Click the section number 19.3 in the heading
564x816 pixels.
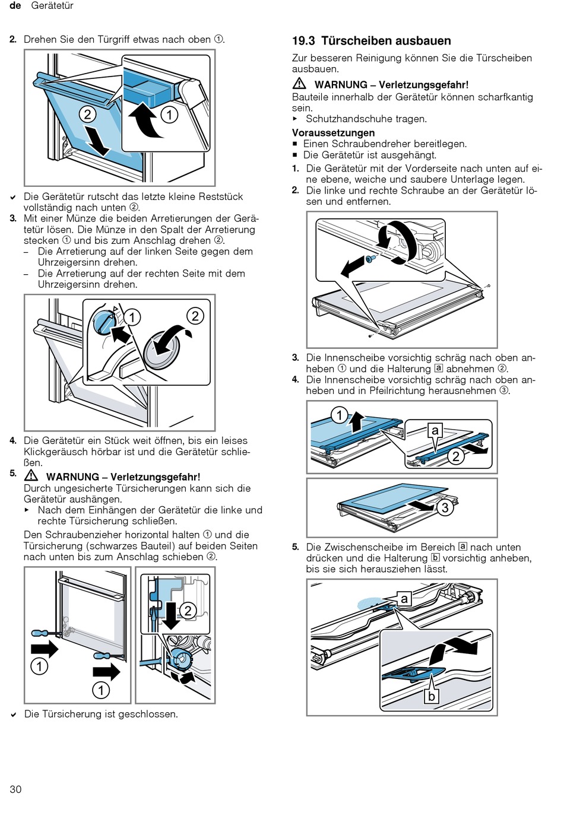click(303, 41)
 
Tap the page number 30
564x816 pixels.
click(15, 789)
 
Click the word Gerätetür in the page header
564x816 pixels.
click(52, 6)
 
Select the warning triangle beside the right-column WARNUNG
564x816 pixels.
click(299, 84)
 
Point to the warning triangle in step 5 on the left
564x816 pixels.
click(31, 475)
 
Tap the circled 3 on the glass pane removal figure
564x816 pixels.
click(445, 507)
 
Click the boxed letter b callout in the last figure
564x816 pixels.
click(432, 697)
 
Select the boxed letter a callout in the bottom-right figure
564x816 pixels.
click(404, 599)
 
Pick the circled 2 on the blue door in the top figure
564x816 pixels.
click(88, 115)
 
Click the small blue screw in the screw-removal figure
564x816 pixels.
click(370, 258)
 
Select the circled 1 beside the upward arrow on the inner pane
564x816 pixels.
click(339, 415)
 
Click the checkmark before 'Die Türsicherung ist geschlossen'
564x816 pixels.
click(13, 715)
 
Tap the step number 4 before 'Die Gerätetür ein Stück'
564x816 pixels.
click(13, 441)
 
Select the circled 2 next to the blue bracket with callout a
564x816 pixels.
click(455, 456)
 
